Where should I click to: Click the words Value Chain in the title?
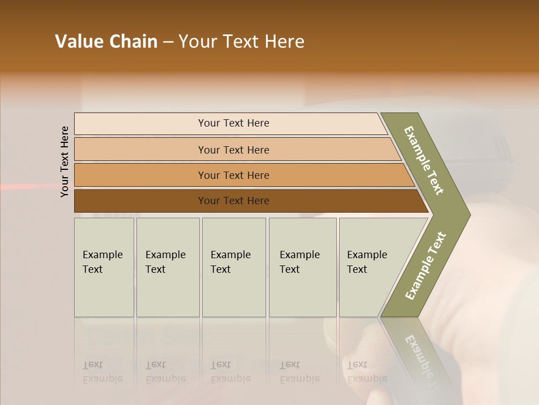[x=106, y=42]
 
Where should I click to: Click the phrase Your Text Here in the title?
[x=241, y=42]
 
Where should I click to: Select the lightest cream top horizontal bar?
[x=140, y=124]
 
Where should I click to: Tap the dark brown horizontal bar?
[x=140, y=201]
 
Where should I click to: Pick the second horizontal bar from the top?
[x=140, y=150]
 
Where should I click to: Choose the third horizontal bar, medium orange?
[x=140, y=175]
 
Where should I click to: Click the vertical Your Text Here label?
[x=65, y=161]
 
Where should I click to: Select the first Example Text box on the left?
[x=104, y=267]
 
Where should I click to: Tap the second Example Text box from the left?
[x=167, y=267]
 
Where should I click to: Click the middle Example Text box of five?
[x=234, y=267]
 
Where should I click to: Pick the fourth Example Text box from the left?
[x=302, y=267]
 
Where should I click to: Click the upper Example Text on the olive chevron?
[x=424, y=160]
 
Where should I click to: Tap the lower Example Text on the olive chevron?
[x=425, y=265]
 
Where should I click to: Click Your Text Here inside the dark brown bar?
[x=234, y=201]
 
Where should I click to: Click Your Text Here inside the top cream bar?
[x=234, y=123]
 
